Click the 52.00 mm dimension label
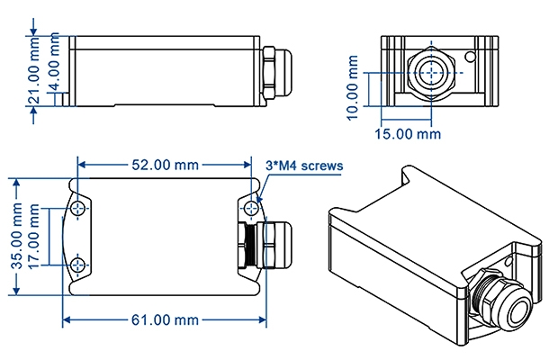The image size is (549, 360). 165,165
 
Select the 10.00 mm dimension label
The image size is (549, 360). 353,87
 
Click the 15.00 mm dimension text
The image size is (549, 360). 407,134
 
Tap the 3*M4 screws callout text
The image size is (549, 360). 305,166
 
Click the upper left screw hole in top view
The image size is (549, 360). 81,209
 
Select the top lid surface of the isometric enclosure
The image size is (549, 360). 423,216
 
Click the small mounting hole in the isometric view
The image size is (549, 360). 509,264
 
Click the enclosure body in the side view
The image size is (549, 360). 166,70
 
